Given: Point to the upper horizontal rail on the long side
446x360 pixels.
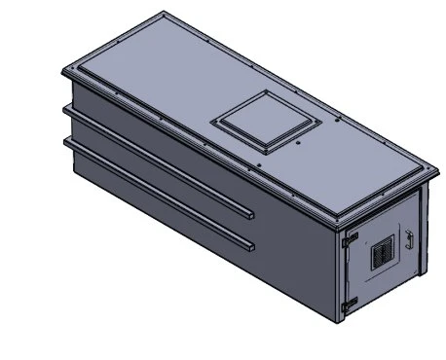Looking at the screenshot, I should pos(156,160).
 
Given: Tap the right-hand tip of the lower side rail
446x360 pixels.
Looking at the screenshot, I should pos(252,242).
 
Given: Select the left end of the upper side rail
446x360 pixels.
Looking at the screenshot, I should pos(66,111).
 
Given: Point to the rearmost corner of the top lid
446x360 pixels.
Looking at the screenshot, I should pos(162,14).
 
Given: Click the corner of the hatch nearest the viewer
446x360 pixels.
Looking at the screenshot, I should pos(262,150).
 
